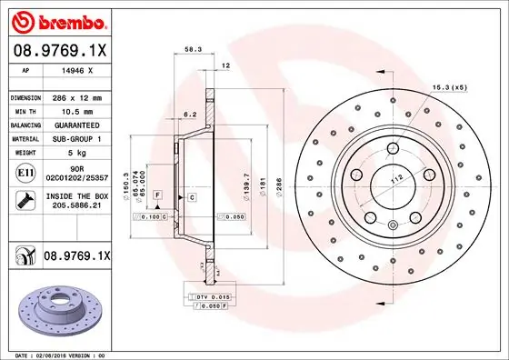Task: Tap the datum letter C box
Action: [193, 196]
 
